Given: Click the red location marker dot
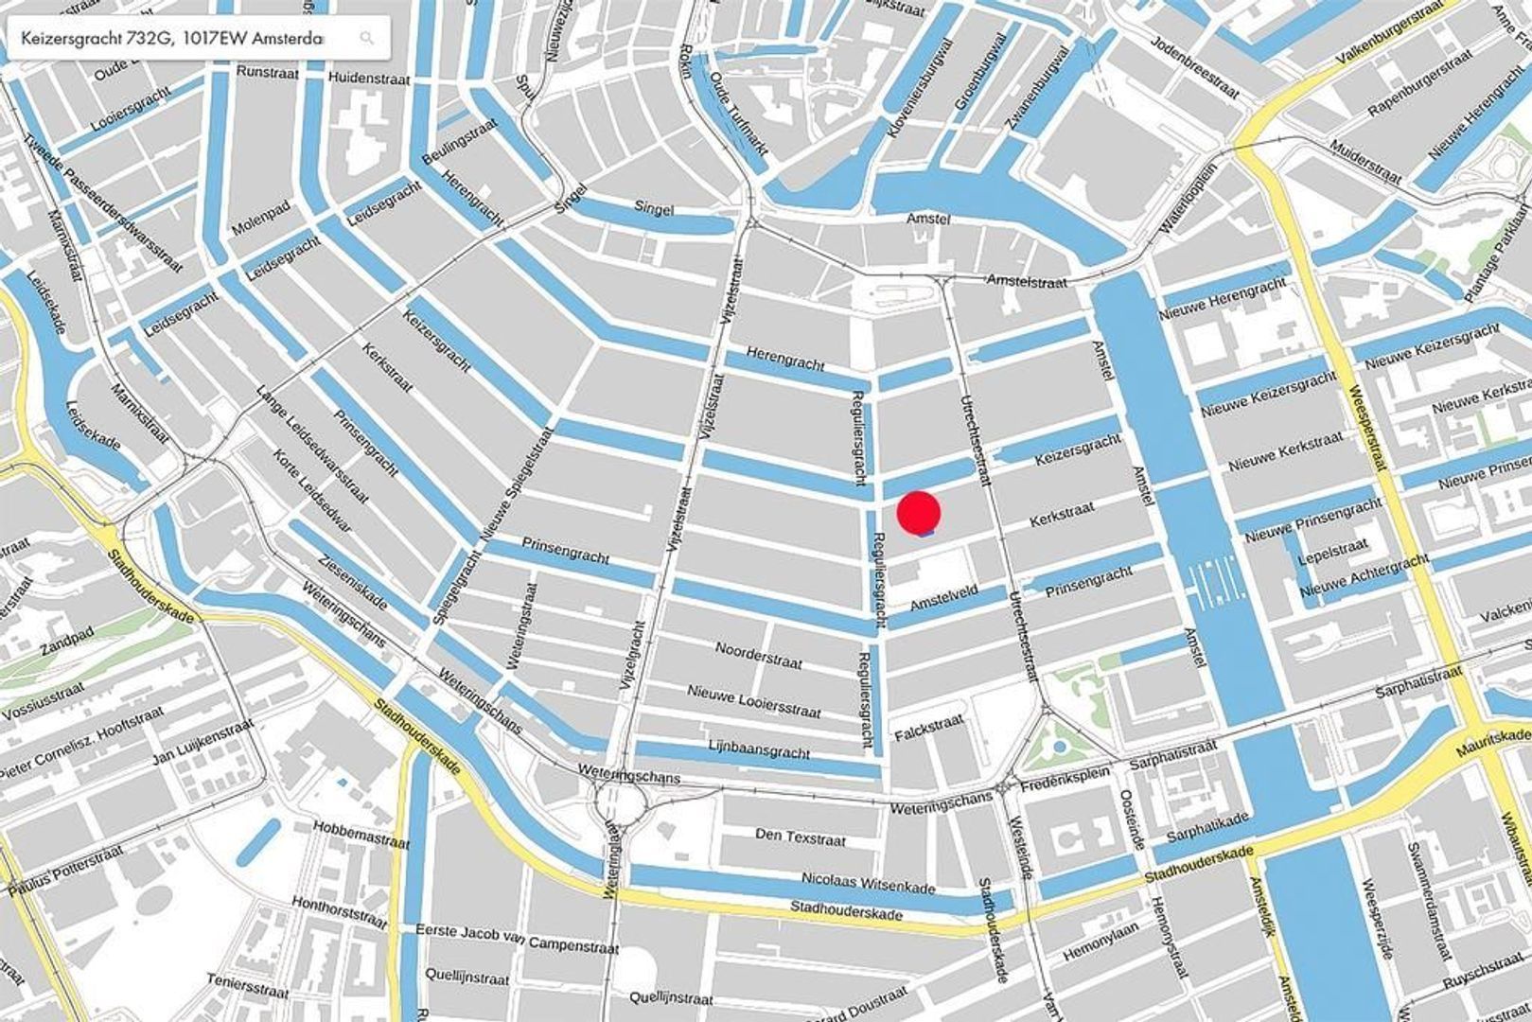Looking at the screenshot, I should click(918, 512).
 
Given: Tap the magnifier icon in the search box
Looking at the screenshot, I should click(367, 39).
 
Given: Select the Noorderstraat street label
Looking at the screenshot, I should click(758, 654).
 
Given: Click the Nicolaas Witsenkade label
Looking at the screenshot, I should click(869, 882).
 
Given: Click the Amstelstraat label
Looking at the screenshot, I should click(1027, 281).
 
